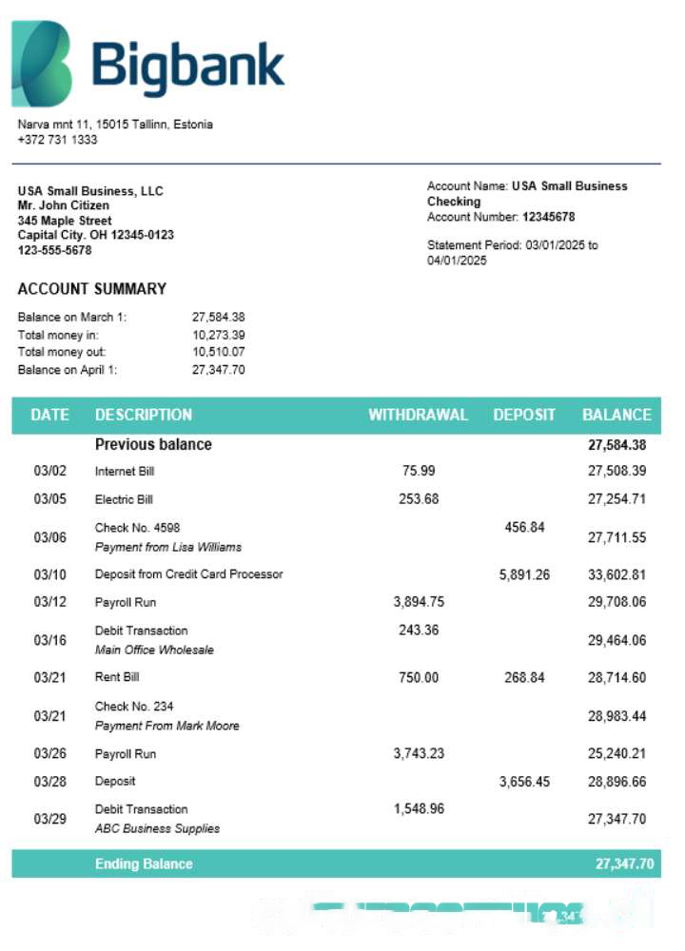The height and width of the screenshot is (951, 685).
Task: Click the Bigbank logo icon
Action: (x=42, y=64)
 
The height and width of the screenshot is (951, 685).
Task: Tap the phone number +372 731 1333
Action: (x=57, y=140)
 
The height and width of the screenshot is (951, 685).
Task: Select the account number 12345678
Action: (x=548, y=217)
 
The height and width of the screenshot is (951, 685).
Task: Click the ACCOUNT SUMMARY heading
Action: (x=92, y=289)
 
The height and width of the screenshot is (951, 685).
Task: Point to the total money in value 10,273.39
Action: (x=219, y=335)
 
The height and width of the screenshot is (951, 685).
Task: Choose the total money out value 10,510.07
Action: (x=219, y=352)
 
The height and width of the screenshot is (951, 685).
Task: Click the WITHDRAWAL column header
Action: (x=418, y=415)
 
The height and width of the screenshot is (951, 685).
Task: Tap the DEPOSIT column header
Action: (x=524, y=415)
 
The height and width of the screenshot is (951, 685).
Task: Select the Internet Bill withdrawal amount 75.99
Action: (x=419, y=471)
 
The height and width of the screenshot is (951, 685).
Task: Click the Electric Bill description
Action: (x=124, y=499)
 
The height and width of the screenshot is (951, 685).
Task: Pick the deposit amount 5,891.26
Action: (x=524, y=574)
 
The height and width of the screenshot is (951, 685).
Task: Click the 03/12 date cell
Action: (x=49, y=602)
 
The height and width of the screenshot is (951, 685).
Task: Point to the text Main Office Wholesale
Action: (x=154, y=650)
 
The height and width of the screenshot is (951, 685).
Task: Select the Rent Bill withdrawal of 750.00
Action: (x=419, y=677)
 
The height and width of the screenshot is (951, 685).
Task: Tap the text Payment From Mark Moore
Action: (x=166, y=726)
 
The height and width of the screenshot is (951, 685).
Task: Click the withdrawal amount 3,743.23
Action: (x=419, y=753)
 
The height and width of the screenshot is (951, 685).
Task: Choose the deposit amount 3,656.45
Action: (x=524, y=782)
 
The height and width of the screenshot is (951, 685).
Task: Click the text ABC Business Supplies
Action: (x=157, y=828)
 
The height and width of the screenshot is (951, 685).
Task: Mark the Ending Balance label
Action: (x=144, y=864)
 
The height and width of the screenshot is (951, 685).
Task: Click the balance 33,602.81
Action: (x=616, y=574)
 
